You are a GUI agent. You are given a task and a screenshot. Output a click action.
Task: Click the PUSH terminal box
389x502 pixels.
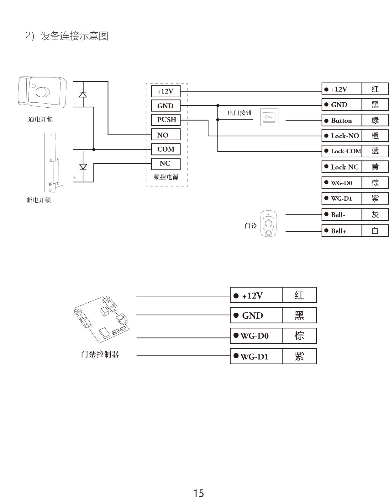tap(166, 120)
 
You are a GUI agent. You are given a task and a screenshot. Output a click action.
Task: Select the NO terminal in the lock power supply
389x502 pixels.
tap(166, 135)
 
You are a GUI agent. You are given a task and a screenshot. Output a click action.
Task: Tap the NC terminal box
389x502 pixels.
tap(166, 164)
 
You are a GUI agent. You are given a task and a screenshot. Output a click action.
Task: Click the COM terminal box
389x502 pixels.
tap(166, 149)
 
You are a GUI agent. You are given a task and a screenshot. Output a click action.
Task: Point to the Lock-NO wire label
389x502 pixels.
tap(342, 136)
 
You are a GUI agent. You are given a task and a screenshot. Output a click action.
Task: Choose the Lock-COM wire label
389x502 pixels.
tap(342, 151)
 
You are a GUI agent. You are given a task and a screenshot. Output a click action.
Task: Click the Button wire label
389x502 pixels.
tap(342, 121)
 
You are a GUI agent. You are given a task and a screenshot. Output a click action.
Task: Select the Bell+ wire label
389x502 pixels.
tap(342, 231)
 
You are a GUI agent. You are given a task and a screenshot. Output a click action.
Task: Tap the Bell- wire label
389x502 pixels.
tap(342, 215)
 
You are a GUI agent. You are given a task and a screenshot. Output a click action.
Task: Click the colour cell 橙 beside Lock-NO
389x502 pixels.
tap(375, 136)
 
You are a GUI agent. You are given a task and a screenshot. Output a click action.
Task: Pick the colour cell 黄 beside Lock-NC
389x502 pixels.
tap(375, 167)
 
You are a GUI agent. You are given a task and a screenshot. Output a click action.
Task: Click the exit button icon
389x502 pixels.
tap(269, 117)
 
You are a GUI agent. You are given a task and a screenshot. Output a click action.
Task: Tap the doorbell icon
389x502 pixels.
tap(269, 224)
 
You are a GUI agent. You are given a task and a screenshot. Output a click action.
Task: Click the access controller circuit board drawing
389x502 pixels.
tap(102, 320)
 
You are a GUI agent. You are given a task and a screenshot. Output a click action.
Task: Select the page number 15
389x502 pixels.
tap(198, 493)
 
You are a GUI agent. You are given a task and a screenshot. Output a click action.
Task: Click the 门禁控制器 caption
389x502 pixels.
tap(100, 354)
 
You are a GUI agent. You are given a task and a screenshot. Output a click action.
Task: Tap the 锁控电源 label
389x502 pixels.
tap(166, 177)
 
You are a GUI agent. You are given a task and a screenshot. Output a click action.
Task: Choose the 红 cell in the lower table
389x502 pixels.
tap(299, 295)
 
